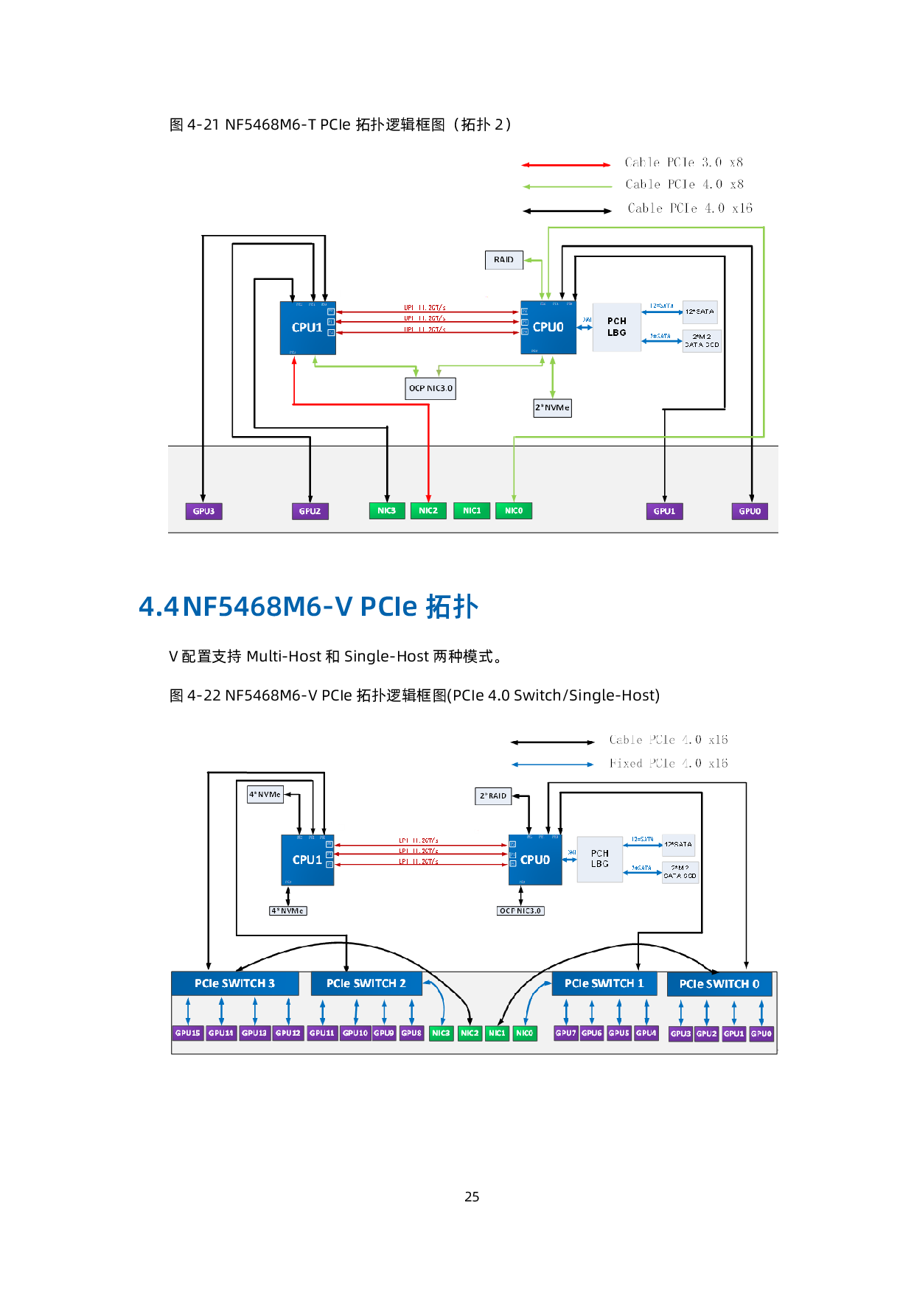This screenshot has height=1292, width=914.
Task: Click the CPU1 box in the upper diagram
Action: point(307,328)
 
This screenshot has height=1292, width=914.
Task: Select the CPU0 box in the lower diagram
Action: point(534,860)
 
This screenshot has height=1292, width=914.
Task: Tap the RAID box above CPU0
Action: point(504,260)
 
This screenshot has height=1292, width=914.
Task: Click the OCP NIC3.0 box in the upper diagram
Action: point(430,388)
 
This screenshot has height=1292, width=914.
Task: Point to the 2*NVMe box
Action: point(552,407)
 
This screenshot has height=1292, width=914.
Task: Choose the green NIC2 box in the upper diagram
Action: point(428,510)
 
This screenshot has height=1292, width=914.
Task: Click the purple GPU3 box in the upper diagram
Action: point(203,511)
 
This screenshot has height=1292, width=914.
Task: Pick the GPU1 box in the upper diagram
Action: point(664,511)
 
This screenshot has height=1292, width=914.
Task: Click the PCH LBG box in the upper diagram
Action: point(617,327)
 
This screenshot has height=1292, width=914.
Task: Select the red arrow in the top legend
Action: point(565,165)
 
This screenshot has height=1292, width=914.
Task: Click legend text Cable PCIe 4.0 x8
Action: point(684,184)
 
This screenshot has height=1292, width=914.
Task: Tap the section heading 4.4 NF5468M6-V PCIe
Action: point(309,606)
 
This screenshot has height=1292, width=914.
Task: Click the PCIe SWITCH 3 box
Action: point(234,983)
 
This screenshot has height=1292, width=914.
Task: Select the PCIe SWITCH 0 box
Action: point(719,984)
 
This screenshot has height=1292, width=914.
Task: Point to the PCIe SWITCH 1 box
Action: point(604,983)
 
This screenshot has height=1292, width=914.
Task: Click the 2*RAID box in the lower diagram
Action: point(493,796)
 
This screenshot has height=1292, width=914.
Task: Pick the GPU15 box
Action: point(188,1033)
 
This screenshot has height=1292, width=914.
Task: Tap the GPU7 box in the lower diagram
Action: point(565,1033)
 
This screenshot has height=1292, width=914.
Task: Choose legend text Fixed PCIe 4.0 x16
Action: point(669,764)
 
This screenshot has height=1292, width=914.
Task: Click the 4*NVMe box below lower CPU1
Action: point(287,911)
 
